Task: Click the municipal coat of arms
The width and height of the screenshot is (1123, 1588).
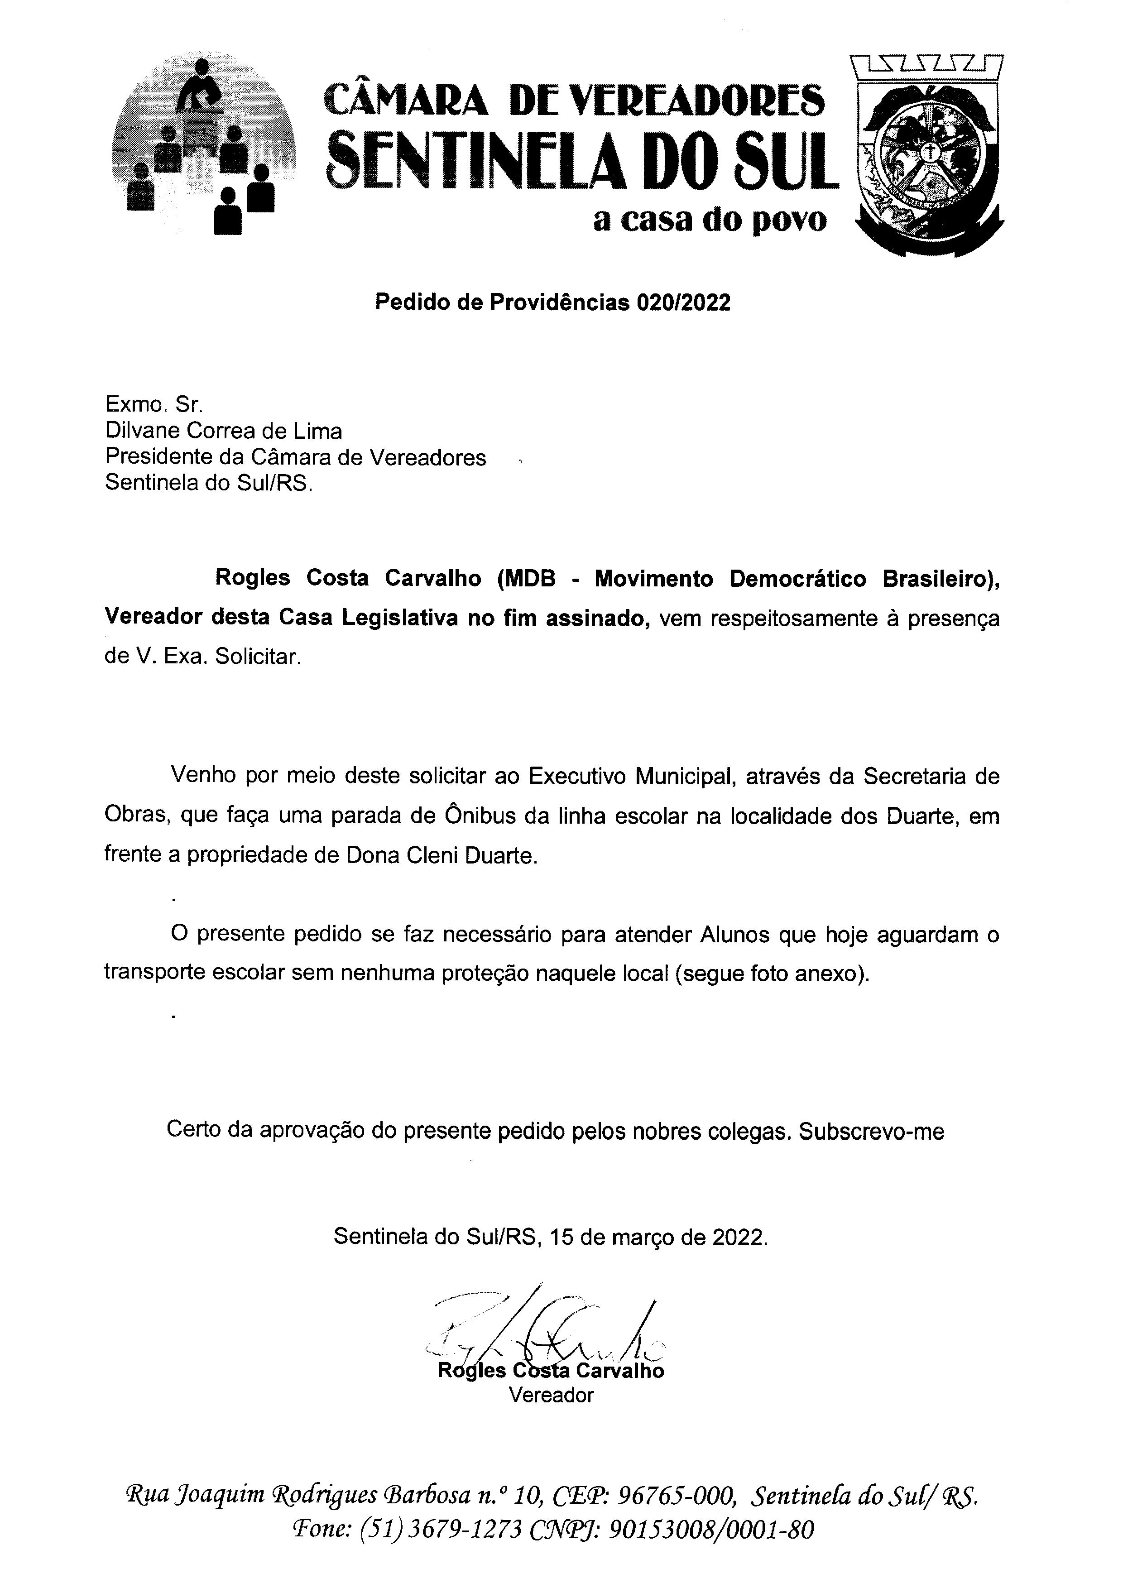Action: tap(929, 156)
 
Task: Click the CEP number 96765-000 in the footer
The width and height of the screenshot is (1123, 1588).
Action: tap(674, 1497)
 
